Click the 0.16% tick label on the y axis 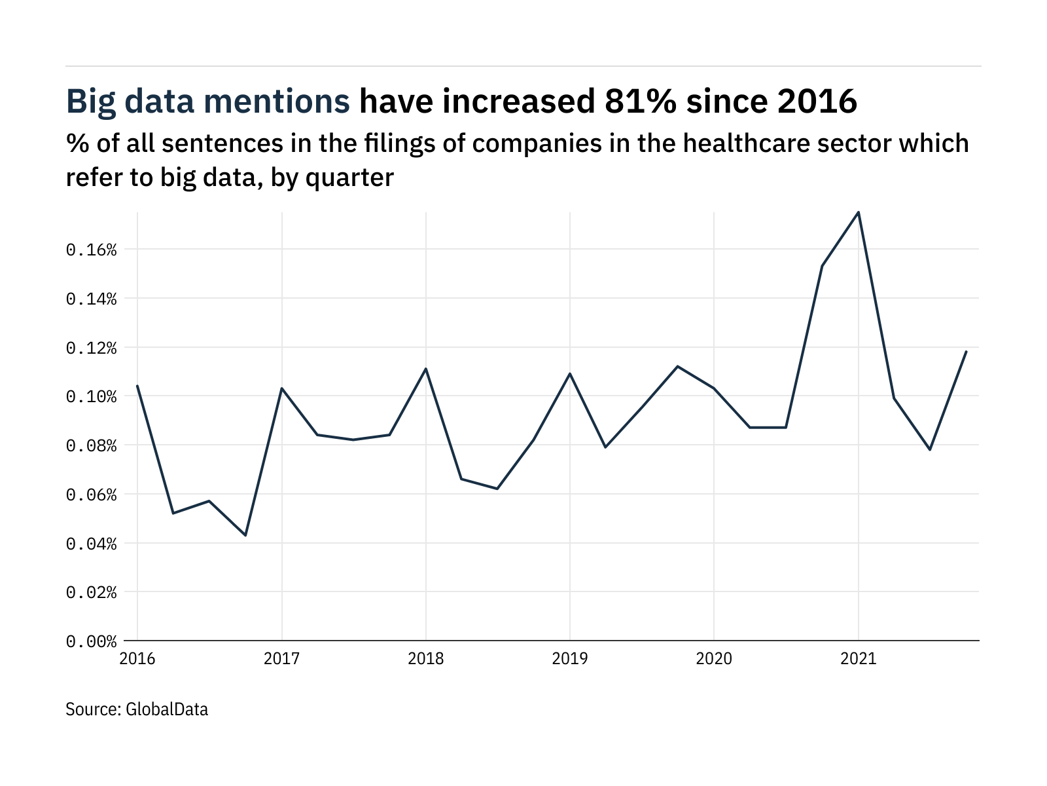coord(91,250)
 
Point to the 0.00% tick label coord(91,642)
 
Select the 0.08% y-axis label coord(91,446)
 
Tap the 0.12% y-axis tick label coord(91,348)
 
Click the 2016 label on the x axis coord(137,659)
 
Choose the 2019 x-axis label coord(570,659)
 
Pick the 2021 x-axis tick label coord(858,659)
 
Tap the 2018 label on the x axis coord(426,659)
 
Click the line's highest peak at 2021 coord(858,212)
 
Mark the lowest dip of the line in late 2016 coord(245,535)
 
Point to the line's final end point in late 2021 coord(966,352)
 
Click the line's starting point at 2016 coord(137,386)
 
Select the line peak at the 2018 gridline coord(426,369)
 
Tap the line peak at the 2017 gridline coord(281,388)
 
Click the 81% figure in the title coord(634,102)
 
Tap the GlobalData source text coord(167,709)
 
